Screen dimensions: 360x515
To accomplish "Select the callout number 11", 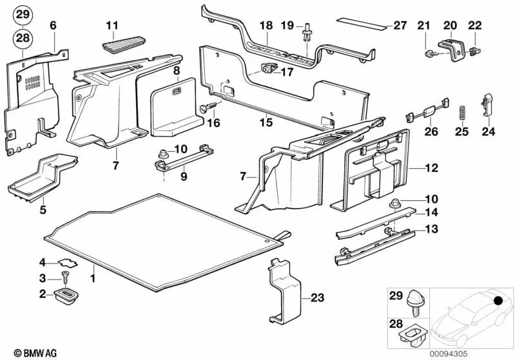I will tap(113, 26).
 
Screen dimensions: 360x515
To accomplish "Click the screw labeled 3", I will tap(63, 277).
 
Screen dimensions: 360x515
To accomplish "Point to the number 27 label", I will tap(400, 26).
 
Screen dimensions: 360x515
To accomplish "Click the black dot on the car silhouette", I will tap(498, 301).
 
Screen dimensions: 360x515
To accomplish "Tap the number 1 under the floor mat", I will tap(92, 278).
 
